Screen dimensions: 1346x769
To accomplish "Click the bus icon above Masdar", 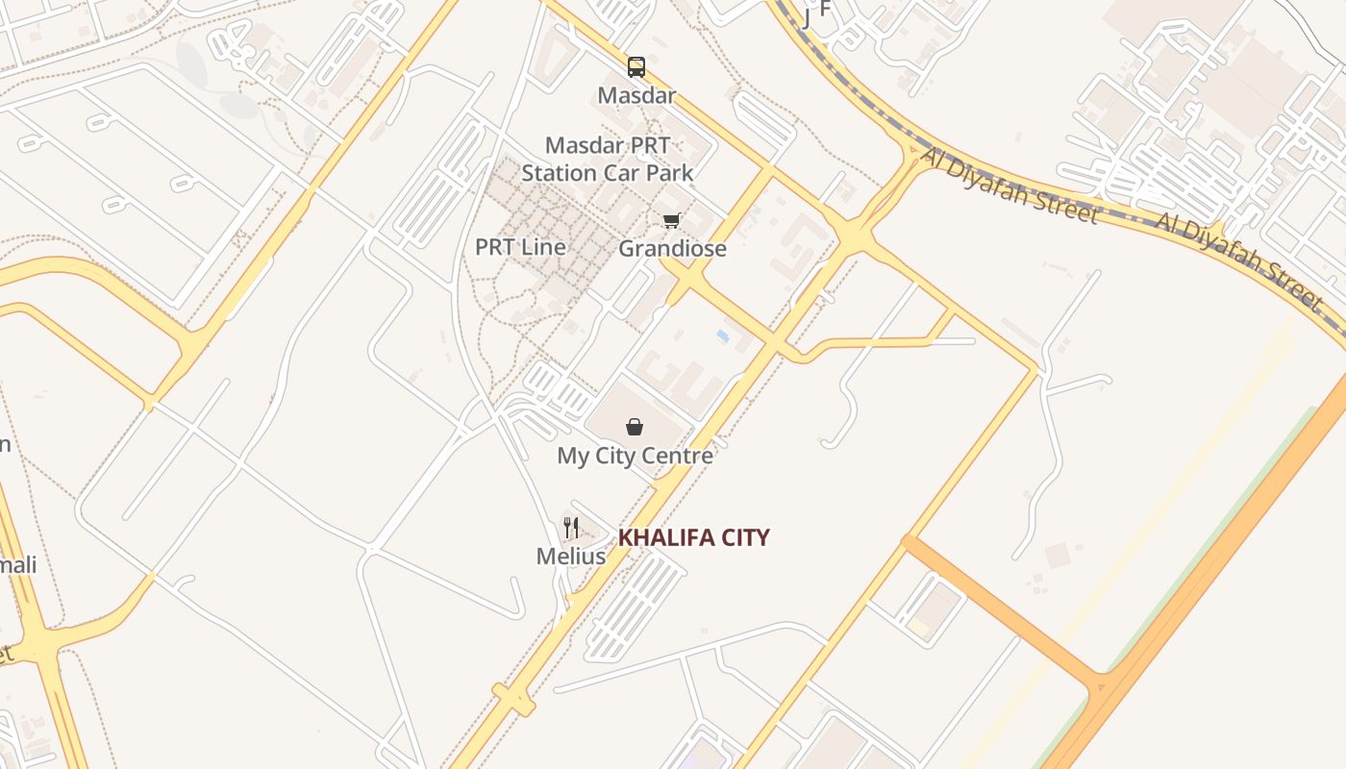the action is pos(636,66).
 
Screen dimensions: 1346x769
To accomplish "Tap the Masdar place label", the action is pos(636,95).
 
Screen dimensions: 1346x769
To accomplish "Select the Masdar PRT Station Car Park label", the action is pos(608,160).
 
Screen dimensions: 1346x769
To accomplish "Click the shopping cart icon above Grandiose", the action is pos(671,220).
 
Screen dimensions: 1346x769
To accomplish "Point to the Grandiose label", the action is pos(672,249).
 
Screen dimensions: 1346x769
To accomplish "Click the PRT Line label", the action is pos(520,247).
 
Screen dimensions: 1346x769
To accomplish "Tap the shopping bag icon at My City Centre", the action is pos(635,426).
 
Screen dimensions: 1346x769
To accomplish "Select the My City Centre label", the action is pos(636,456).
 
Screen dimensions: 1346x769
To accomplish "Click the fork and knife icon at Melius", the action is pos(571,527).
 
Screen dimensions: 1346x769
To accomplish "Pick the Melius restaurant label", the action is pos(571,556).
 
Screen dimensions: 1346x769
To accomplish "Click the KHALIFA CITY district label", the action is pos(693,537).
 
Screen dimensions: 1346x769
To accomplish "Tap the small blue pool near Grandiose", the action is pos(722,335).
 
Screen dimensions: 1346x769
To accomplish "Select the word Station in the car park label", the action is pos(560,174).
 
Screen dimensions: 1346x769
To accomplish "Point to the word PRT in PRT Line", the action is pos(494,247).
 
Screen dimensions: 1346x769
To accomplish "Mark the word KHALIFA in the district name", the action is pos(663,537).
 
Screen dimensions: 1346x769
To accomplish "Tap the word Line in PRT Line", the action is pos(542,247).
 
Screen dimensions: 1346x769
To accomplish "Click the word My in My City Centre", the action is pos(573,456).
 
